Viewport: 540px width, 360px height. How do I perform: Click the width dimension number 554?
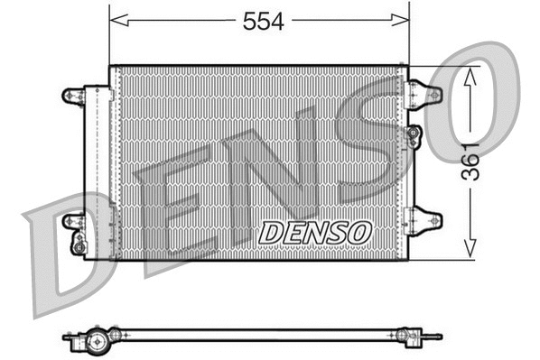(x=263, y=23)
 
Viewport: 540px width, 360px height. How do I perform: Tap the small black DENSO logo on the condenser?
(x=315, y=232)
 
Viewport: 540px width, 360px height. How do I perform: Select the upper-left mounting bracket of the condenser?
(x=72, y=95)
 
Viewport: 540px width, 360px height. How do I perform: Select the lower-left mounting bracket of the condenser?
(x=72, y=220)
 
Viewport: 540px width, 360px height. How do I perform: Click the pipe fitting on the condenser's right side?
(x=414, y=136)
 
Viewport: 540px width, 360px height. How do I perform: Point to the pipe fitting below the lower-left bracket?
(x=79, y=243)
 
